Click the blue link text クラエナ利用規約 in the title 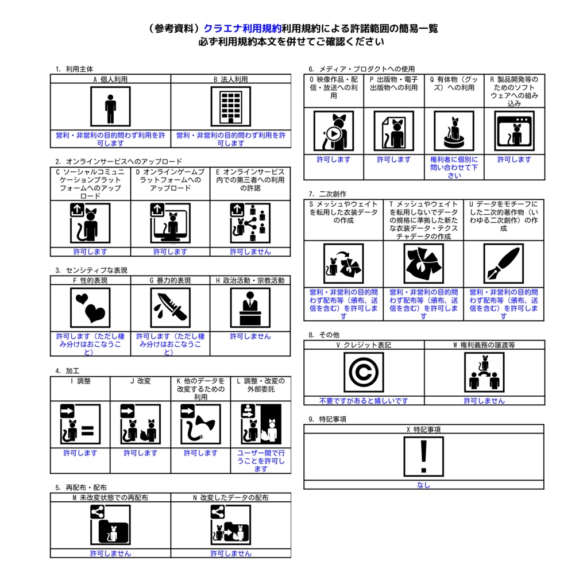[242, 29]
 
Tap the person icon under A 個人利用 [110, 106]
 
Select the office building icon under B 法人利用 [231, 106]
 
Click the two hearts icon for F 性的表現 [90, 308]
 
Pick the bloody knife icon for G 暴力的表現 [171, 308]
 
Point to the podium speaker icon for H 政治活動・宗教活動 [250, 308]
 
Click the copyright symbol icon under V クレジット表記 [364, 372]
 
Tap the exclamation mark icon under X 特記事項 [423, 457]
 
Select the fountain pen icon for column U [504, 263]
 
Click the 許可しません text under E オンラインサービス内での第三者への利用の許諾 [250, 252]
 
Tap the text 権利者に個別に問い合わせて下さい [454, 167]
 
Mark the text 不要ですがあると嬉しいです [363, 401]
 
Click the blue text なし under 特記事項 [423, 485]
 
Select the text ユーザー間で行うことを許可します [261, 461]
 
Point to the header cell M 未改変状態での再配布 [110, 498]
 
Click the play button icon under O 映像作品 [334, 133]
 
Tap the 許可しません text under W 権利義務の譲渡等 [484, 401]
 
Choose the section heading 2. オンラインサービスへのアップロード [118, 161]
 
